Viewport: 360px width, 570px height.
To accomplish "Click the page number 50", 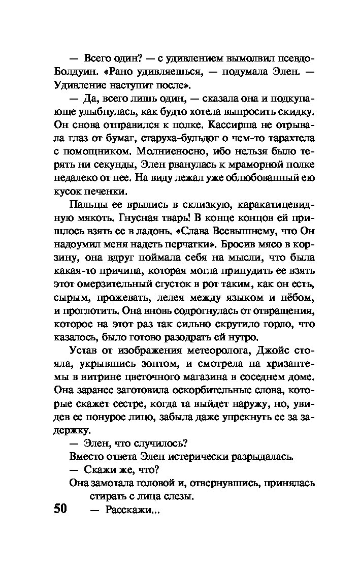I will pyautogui.click(x=60, y=510).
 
